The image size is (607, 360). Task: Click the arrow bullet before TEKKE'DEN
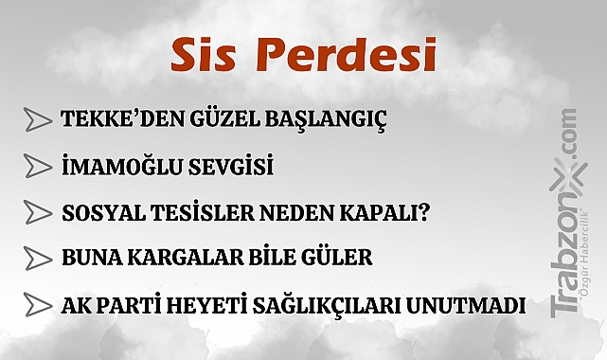tap(38, 121)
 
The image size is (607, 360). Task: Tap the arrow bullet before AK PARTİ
tap(38, 305)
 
